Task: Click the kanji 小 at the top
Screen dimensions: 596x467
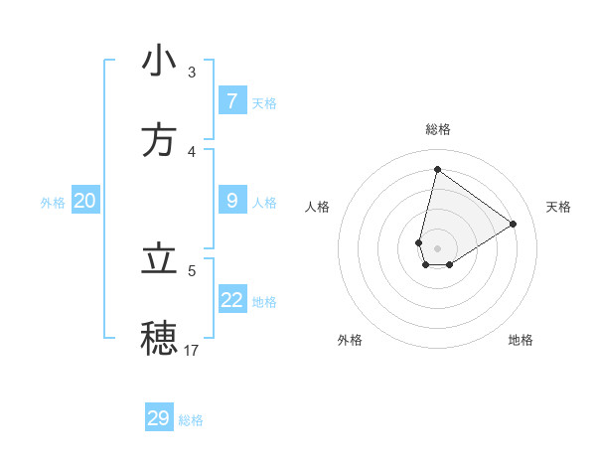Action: pyautogui.click(x=159, y=61)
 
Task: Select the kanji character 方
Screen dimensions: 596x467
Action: pyautogui.click(x=159, y=140)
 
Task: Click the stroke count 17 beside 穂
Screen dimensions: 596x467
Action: pyautogui.click(x=192, y=350)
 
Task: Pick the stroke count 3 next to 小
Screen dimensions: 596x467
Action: pyautogui.click(x=192, y=73)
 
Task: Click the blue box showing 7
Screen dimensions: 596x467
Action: pyautogui.click(x=232, y=101)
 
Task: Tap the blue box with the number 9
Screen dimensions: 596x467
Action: pyautogui.click(x=232, y=201)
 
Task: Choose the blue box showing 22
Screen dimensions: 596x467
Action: pyautogui.click(x=232, y=300)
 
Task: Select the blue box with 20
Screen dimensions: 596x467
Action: pyautogui.click(x=85, y=201)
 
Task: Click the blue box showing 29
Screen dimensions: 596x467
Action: pyautogui.click(x=159, y=418)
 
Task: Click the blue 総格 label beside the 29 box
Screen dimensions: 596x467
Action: pyautogui.click(x=191, y=420)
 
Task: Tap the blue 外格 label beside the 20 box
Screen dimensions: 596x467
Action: pyautogui.click(x=53, y=203)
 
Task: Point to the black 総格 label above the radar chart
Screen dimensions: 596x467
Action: pyautogui.click(x=438, y=129)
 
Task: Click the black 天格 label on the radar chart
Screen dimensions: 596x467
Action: pyautogui.click(x=559, y=207)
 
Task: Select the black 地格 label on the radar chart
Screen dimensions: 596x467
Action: pyautogui.click(x=521, y=340)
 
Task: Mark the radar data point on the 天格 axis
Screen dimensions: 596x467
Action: pyautogui.click(x=514, y=224)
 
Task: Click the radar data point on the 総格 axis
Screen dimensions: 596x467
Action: pyautogui.click(x=437, y=169)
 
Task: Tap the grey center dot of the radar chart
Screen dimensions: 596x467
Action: pyautogui.click(x=437, y=248)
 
